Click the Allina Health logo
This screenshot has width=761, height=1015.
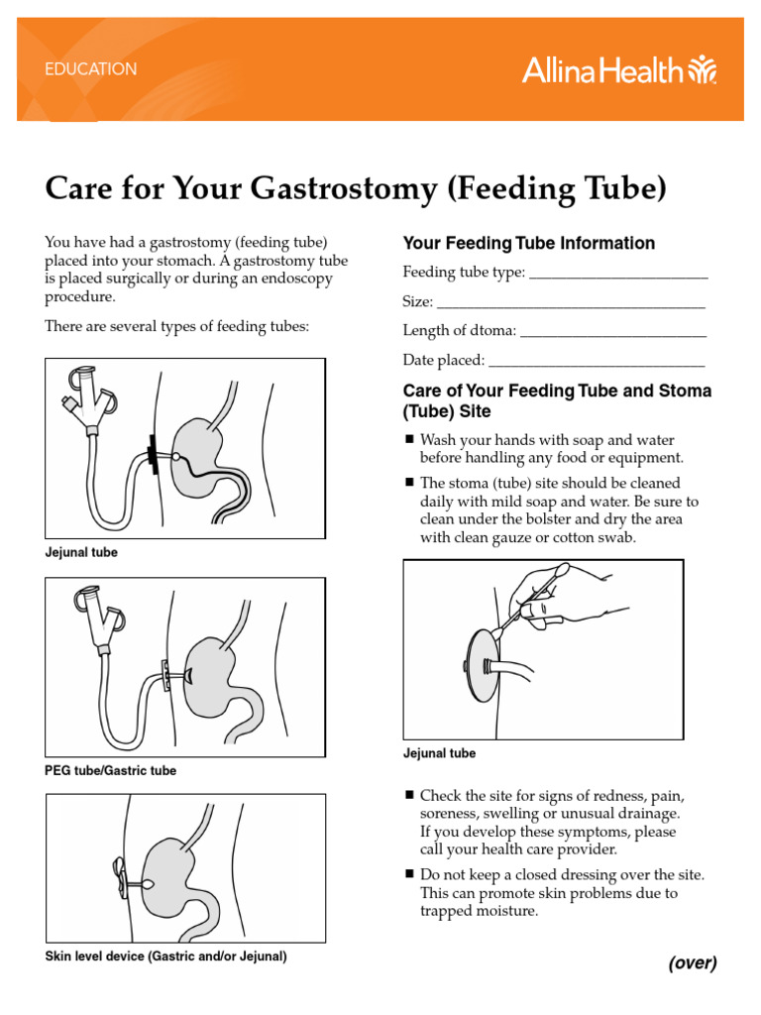[x=618, y=70]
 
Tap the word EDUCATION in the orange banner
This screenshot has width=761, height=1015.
[x=91, y=70]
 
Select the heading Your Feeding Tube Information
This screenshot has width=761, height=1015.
[x=528, y=243]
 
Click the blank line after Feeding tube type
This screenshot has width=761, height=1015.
[x=618, y=276]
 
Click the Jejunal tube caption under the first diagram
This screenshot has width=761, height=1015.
[x=81, y=553]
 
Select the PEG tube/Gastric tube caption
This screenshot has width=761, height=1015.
[x=111, y=771]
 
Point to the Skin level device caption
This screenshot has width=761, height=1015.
[x=165, y=957]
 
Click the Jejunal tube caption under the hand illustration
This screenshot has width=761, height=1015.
[x=439, y=753]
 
